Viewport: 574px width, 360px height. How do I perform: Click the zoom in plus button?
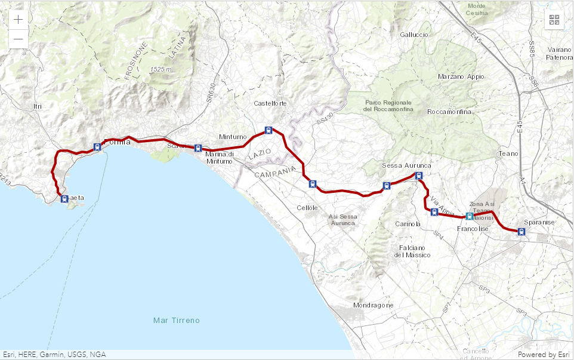[18, 19]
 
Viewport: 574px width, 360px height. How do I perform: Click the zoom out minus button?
[18, 39]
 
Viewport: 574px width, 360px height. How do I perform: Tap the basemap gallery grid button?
[554, 20]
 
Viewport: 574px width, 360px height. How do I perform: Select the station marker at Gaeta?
[64, 199]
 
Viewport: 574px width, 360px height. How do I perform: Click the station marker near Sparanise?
[521, 232]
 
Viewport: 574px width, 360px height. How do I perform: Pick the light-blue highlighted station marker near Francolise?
[470, 216]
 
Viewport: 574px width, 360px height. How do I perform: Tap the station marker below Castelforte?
[269, 130]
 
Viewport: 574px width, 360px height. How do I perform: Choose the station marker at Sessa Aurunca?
[418, 176]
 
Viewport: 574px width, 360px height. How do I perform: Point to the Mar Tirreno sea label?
[176, 321]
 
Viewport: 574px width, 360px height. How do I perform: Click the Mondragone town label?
[373, 305]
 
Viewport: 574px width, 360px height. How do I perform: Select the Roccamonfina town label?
[449, 112]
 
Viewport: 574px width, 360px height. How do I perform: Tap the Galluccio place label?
[414, 35]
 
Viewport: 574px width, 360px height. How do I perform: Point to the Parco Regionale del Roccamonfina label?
[388, 106]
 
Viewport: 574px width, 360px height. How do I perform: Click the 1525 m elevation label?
[161, 69]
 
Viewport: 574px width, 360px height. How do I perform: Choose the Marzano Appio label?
[461, 76]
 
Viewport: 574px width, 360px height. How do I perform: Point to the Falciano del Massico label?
[412, 251]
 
